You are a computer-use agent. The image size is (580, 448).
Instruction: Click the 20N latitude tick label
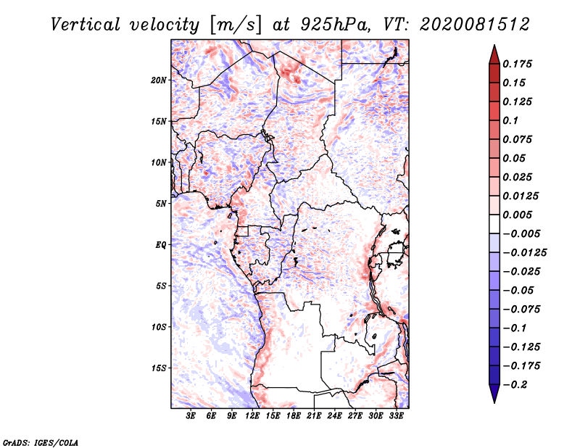tap(158, 80)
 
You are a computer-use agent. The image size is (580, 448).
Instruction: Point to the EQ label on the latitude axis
tap(160, 245)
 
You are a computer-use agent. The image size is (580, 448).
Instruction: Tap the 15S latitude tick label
tap(158, 368)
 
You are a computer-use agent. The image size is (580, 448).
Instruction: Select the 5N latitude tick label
tap(161, 204)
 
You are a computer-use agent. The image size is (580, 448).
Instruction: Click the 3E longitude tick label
tap(191, 416)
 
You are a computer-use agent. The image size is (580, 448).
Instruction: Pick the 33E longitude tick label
tap(396, 416)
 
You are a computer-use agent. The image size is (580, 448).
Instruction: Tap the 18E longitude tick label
tap(294, 416)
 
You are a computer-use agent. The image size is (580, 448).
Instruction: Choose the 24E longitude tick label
tap(334, 416)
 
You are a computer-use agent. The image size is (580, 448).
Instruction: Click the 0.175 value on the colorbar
tap(517, 64)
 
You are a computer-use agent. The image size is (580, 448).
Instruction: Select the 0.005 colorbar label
tap(517, 215)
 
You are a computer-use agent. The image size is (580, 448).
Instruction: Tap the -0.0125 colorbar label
tap(524, 253)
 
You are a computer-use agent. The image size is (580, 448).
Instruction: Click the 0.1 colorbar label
tap(510, 120)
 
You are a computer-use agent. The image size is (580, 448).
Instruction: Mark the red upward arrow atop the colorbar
tap(494, 56)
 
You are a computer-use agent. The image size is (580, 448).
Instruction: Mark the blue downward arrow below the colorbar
tap(494, 392)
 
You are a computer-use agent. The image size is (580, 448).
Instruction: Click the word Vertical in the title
tap(86, 25)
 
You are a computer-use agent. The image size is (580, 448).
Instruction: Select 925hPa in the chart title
tap(335, 25)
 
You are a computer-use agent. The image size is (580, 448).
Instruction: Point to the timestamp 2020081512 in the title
tap(475, 25)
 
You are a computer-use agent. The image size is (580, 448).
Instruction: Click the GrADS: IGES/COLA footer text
tap(41, 442)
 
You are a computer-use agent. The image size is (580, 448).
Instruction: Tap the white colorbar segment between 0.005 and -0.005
tap(494, 224)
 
